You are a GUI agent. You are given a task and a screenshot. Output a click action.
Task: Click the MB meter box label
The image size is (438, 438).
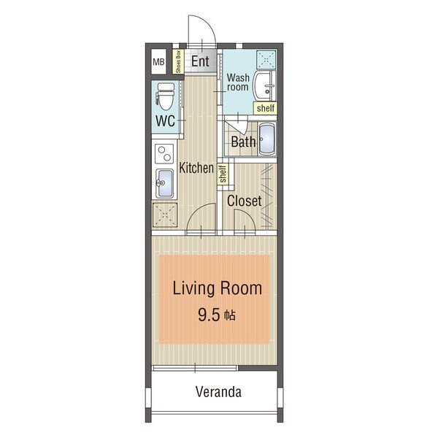tap(158, 62)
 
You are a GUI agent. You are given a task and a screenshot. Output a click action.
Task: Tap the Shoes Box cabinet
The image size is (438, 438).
tap(178, 61)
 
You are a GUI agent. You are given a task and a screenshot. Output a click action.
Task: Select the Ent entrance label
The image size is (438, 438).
tap(200, 61)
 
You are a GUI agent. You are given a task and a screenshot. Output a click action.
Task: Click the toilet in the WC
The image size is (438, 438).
tap(165, 96)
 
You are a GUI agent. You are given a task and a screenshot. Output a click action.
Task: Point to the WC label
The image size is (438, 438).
tap(165, 121)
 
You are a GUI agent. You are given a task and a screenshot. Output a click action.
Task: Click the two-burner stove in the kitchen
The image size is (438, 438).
tap(164, 153)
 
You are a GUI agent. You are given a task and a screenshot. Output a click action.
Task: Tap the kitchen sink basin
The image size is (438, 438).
tap(164, 183)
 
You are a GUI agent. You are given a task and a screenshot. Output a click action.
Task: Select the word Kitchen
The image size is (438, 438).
tap(196, 168)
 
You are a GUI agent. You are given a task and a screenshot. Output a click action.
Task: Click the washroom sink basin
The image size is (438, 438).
tap(264, 86)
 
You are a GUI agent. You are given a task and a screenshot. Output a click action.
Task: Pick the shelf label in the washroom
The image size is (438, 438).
tap(266, 108)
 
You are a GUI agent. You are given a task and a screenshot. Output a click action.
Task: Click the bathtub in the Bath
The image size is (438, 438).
tap(267, 139)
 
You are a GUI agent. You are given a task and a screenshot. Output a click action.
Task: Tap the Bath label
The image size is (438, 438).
tap(243, 142)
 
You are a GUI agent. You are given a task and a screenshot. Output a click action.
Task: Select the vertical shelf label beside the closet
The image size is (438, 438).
tap(223, 174)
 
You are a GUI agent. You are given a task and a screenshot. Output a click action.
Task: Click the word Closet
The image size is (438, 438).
tap(245, 201)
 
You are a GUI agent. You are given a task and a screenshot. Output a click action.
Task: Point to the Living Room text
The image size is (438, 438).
tap(218, 288)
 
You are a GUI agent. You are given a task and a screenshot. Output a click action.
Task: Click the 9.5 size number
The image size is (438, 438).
tap(210, 315)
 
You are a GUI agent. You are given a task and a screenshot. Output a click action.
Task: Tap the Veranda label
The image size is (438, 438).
tap(218, 391)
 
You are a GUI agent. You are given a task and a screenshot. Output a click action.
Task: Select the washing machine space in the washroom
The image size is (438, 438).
tap(266, 60)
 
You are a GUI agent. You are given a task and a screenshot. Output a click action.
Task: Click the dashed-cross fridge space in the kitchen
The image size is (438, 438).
tap(165, 215)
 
